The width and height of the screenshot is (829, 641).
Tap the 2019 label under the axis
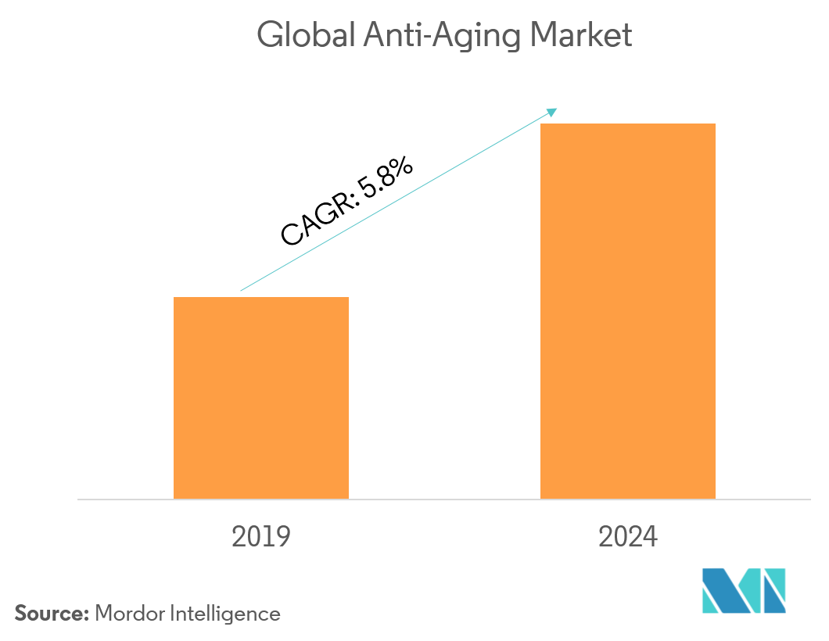click(x=261, y=537)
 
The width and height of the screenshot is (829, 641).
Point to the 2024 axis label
click(x=628, y=537)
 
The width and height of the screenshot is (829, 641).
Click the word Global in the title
click(x=306, y=35)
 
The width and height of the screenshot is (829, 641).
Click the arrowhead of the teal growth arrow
click(x=552, y=112)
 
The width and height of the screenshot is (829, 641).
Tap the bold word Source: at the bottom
click(x=51, y=614)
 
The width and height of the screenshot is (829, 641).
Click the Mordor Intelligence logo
click(x=743, y=591)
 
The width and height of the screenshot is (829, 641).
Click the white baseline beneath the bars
click(x=438, y=499)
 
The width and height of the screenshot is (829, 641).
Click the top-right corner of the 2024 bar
click(x=714, y=125)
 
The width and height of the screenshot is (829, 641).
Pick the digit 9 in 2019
click(x=282, y=537)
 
